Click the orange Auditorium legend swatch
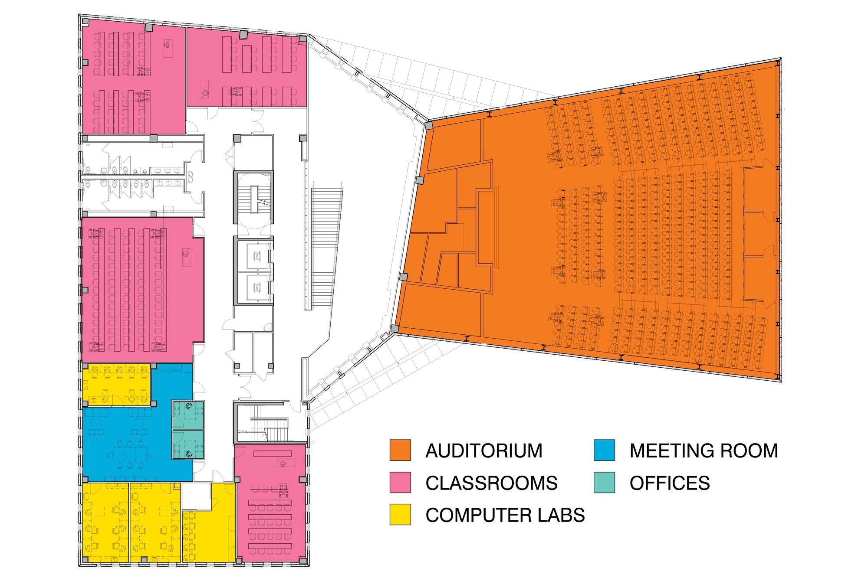point(400,451)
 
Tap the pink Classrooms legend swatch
point(400,483)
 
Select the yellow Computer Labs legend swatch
point(400,515)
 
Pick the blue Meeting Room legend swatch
point(604,451)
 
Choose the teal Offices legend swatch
point(604,483)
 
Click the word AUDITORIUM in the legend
point(484,451)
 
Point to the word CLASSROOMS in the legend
point(491,483)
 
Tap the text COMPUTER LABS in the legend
point(505,515)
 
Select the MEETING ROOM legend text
point(704,451)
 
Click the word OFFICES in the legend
point(670,483)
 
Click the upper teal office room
point(188,415)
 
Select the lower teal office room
point(188,444)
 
